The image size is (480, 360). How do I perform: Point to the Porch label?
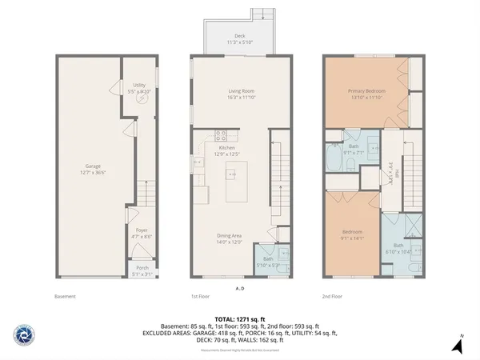[141, 270]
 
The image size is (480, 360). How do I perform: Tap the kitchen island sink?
[234, 172]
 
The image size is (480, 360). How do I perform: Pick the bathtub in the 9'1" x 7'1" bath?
[333, 161]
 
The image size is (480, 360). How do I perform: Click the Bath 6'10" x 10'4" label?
[398, 248]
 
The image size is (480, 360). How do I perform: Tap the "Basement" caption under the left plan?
[65, 297]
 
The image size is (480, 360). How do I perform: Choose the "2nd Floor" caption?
[332, 297]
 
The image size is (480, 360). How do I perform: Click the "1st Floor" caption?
[200, 297]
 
